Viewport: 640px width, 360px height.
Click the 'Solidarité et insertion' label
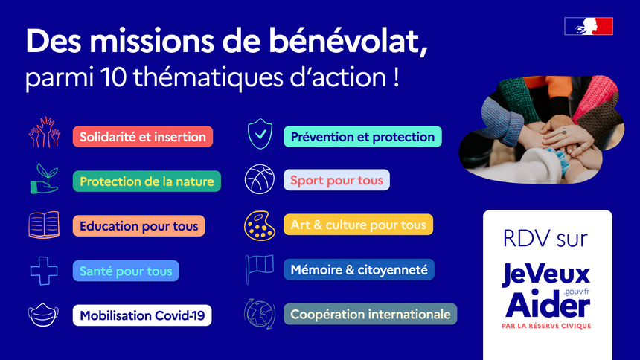(x=143, y=137)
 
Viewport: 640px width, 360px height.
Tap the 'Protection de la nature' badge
(x=147, y=181)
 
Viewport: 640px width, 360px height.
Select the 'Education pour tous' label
(x=138, y=225)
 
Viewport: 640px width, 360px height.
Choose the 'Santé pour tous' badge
(x=126, y=271)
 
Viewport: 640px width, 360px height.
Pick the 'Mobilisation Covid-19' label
(x=142, y=315)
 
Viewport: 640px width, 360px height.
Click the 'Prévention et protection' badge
(x=362, y=137)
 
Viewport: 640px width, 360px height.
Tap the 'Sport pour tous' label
(x=336, y=180)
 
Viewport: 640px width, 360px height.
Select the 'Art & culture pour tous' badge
(x=358, y=225)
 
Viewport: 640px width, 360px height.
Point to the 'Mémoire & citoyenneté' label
(x=359, y=269)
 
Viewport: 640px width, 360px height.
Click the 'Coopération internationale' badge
(x=370, y=314)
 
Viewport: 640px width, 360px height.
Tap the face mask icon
(x=43, y=315)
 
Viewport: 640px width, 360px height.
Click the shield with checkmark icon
(x=260, y=134)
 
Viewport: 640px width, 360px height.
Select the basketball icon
(x=260, y=179)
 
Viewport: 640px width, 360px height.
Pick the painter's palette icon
(x=260, y=225)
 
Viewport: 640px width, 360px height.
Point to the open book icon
(x=44, y=225)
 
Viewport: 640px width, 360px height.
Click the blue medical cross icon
(x=44, y=271)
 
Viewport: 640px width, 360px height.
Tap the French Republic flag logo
(x=589, y=26)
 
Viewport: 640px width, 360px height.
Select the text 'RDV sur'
(x=545, y=238)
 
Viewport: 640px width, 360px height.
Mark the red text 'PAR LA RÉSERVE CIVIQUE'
(x=546, y=326)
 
